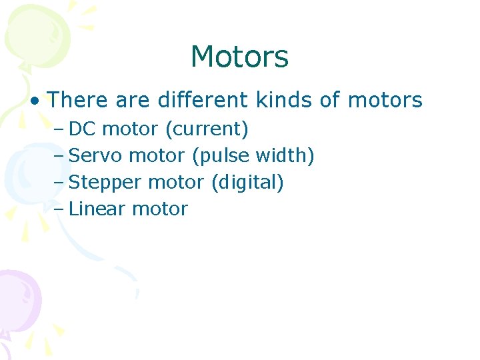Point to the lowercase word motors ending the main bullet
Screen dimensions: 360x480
coord(385,101)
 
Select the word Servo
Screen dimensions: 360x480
coord(96,155)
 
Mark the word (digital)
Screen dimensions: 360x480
coord(247,182)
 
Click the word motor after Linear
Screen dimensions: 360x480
coord(160,209)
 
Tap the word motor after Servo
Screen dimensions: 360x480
coord(157,155)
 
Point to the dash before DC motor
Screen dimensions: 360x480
coord(59,129)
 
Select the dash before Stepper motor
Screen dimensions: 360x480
coord(59,182)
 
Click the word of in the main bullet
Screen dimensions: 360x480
coord(330,101)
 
